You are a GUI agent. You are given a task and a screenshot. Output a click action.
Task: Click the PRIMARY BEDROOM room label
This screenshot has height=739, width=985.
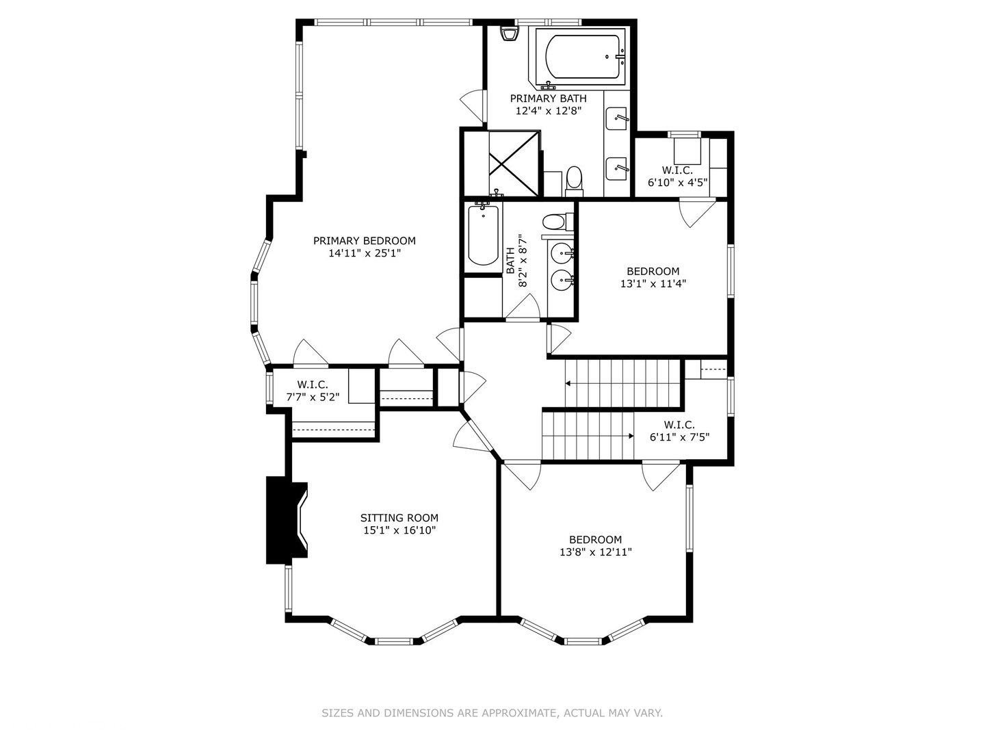click(364, 241)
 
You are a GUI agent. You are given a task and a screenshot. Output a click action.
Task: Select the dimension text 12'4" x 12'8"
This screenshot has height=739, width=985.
click(548, 111)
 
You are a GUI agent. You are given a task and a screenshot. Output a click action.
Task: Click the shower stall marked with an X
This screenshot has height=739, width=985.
click(514, 163)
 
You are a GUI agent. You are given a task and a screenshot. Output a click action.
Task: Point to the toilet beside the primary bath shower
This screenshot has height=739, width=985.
click(573, 180)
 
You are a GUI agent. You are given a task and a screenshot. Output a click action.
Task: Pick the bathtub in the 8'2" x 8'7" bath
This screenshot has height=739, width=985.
click(483, 235)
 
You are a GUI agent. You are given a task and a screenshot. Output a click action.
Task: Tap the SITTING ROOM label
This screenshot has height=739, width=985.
click(399, 518)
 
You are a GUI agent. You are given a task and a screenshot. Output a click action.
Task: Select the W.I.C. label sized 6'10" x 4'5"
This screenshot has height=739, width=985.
click(677, 170)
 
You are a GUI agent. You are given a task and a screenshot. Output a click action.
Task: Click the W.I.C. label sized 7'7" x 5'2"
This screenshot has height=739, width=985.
click(313, 385)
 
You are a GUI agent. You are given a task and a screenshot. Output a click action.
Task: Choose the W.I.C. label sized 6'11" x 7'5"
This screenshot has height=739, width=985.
click(679, 425)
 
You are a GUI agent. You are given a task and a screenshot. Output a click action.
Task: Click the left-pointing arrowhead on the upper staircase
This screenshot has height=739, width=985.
click(568, 384)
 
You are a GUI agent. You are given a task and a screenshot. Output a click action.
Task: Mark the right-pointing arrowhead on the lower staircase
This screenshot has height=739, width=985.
click(630, 435)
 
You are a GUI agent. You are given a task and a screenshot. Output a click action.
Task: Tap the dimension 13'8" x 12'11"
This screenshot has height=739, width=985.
click(595, 552)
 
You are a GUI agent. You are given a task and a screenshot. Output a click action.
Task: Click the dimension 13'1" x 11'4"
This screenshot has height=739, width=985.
click(653, 283)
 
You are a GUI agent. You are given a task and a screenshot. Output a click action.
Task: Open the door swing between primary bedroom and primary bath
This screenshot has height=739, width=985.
click(472, 105)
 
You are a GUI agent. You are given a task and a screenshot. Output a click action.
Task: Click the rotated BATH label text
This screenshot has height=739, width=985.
click(510, 261)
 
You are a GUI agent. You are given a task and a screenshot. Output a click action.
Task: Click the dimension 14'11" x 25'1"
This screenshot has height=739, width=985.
click(364, 253)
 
